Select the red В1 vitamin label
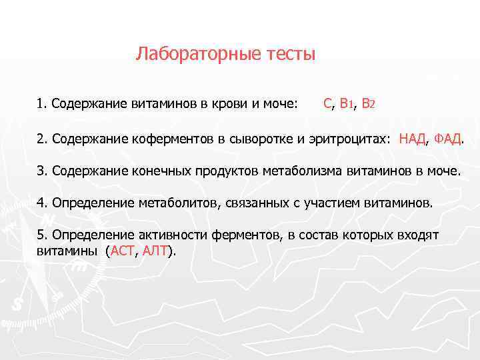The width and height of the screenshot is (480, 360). pos(346,104)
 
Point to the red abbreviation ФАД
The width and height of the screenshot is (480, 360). pos(447,139)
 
